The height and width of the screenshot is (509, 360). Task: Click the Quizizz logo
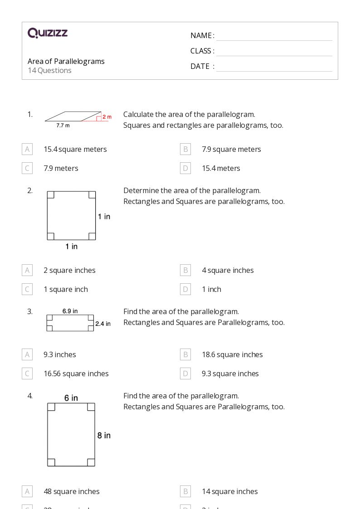click(48, 33)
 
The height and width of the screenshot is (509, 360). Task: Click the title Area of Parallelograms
click(66, 61)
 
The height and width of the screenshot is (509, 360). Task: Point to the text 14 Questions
click(49, 70)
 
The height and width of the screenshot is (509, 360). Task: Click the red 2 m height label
click(107, 117)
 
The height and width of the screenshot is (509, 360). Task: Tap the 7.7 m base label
click(63, 126)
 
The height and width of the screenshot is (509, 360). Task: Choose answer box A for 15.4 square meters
click(27, 149)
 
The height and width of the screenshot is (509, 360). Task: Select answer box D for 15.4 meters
click(185, 168)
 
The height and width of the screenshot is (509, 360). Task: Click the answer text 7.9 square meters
click(231, 149)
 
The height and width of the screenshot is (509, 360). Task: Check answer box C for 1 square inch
click(27, 289)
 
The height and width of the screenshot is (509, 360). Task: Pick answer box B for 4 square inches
click(185, 270)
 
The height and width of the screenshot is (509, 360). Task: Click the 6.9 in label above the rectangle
click(70, 311)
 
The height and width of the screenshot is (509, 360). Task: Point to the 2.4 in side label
click(103, 324)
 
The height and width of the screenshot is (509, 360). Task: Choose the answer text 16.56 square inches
click(76, 373)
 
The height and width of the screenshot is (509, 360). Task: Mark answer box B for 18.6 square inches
click(185, 354)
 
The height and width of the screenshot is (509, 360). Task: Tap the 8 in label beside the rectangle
click(104, 435)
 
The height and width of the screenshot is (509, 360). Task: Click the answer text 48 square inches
click(72, 491)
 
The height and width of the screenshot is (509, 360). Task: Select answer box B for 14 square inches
click(185, 491)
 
